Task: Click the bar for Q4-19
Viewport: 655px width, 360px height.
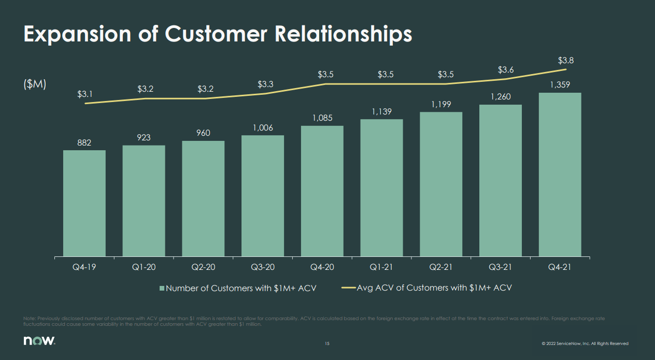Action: (x=84, y=204)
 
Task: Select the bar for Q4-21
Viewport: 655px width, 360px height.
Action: (x=560, y=175)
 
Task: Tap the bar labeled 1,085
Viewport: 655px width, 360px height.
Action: (x=322, y=191)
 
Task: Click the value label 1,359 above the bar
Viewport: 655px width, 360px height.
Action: (x=560, y=85)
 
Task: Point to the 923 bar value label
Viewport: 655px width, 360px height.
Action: (x=144, y=137)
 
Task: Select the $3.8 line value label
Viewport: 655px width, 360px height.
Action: (x=565, y=60)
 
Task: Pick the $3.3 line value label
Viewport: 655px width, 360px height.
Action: (x=266, y=84)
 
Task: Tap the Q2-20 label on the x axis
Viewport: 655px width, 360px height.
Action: (x=203, y=267)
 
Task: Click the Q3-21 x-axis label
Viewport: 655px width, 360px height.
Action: (x=501, y=267)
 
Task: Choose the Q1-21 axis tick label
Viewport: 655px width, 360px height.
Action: (x=381, y=267)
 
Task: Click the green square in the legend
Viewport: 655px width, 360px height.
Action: (x=162, y=288)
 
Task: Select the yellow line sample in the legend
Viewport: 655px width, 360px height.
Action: (x=348, y=287)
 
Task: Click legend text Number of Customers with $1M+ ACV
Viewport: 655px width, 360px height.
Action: (x=240, y=288)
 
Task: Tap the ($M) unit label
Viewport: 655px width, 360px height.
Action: (x=35, y=84)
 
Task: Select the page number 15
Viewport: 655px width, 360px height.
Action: (x=327, y=343)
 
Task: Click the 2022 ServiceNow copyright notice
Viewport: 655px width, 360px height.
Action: (x=585, y=343)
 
